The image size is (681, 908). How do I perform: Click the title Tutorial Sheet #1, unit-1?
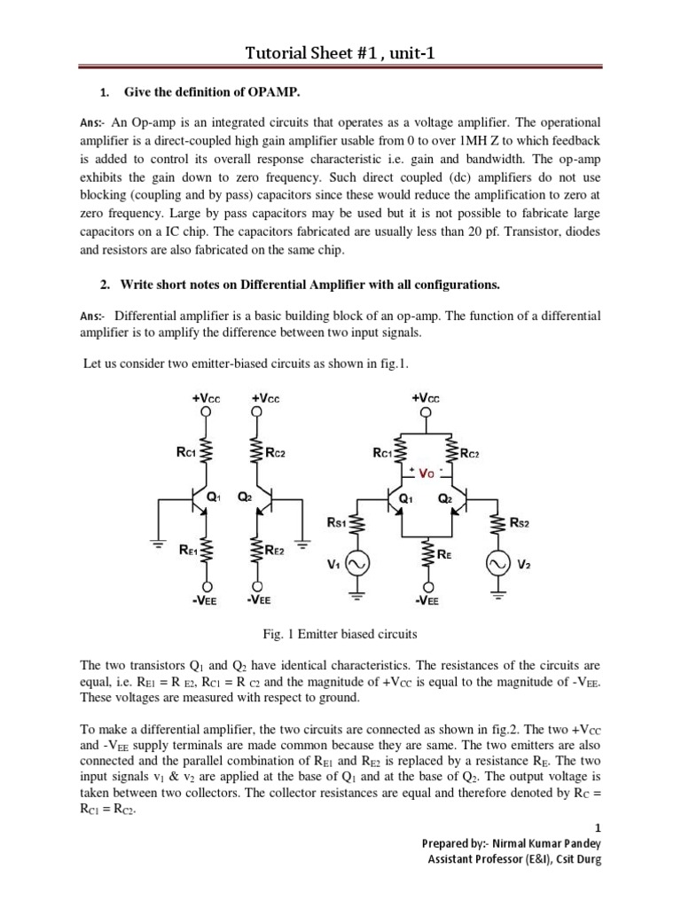[x=340, y=56]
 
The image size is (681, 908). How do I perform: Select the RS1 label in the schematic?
[x=337, y=523]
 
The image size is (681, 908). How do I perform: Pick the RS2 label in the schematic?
[x=521, y=522]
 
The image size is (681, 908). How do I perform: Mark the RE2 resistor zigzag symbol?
[x=256, y=551]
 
